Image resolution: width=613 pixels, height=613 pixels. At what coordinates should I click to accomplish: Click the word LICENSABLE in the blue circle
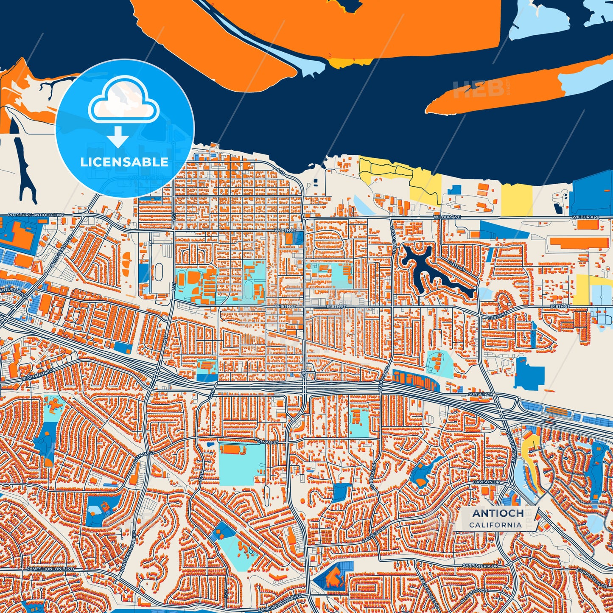(124, 162)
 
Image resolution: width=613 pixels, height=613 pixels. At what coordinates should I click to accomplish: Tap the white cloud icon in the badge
(123, 101)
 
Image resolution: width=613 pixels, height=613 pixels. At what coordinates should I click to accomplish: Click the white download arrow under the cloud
(118, 137)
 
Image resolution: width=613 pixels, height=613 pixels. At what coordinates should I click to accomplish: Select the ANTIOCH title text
(498, 513)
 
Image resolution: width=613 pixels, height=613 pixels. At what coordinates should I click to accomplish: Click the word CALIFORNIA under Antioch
(495, 525)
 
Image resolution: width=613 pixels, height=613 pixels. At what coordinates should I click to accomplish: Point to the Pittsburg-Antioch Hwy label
(36, 216)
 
